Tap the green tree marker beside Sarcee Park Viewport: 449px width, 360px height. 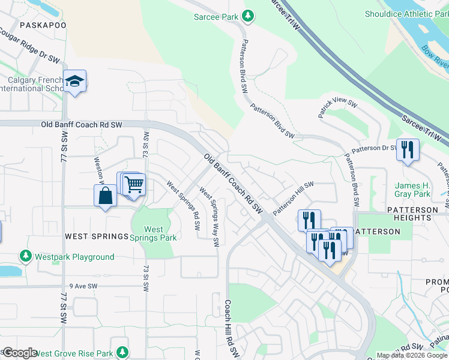(x=248, y=17)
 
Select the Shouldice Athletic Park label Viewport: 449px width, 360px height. (x=405, y=14)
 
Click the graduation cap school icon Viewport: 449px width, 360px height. (x=74, y=81)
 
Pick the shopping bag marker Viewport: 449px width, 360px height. (x=105, y=196)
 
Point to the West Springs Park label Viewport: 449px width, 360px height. (x=154, y=233)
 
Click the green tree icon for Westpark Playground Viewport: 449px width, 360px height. (x=25, y=257)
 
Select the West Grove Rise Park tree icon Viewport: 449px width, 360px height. (x=122, y=351)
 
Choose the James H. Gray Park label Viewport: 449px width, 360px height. (x=412, y=190)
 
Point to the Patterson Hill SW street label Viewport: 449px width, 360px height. (x=294, y=199)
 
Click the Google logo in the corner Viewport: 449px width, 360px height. (x=19, y=352)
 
